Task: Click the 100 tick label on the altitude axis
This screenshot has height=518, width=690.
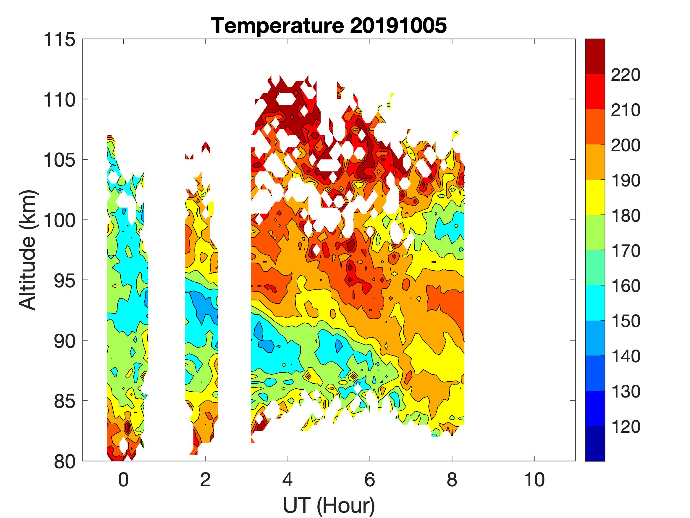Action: (59, 221)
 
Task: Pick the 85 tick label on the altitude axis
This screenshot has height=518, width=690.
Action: (64, 401)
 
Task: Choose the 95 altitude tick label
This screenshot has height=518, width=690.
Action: (64, 281)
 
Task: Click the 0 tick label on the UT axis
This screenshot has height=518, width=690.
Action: (124, 480)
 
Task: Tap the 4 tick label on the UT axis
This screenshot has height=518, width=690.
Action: (287, 480)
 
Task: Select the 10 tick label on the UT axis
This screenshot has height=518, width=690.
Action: (534, 480)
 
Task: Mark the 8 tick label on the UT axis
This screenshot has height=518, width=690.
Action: (452, 480)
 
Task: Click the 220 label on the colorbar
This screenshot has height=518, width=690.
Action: (626, 75)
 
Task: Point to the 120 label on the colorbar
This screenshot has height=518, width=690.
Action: (626, 427)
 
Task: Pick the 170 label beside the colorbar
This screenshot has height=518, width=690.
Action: (626, 251)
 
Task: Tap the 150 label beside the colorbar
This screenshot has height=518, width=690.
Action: (626, 321)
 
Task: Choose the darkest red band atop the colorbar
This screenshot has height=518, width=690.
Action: (595, 56)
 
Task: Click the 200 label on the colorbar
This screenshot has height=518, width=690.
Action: (626, 145)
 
